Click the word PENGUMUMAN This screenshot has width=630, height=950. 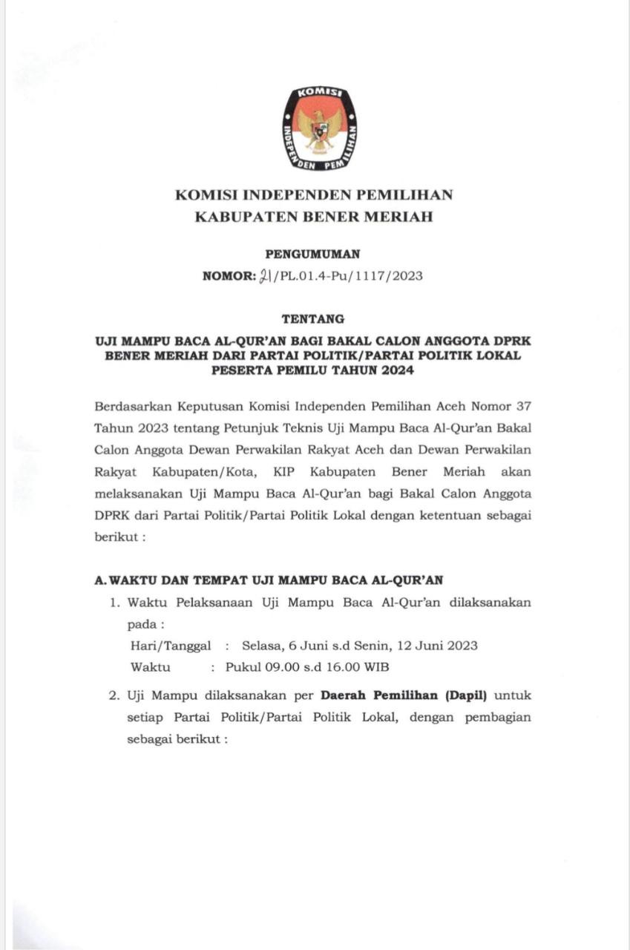click(312, 254)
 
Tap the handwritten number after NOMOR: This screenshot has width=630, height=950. click(265, 276)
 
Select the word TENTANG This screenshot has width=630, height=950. click(313, 319)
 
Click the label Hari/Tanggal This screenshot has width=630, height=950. click(170, 645)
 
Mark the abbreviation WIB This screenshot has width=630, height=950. click(375, 666)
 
